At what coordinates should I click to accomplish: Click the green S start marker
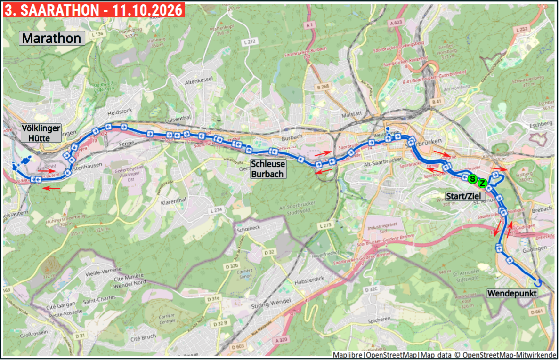coord(472,179)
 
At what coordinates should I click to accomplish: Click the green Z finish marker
coord(482,183)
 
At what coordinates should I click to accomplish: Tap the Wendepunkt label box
coord(512,294)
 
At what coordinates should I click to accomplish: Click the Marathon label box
coord(52,38)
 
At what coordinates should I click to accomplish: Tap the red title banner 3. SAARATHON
coord(93,10)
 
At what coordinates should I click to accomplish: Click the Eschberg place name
coord(540,123)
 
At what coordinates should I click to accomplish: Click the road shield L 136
coord(97,34)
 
